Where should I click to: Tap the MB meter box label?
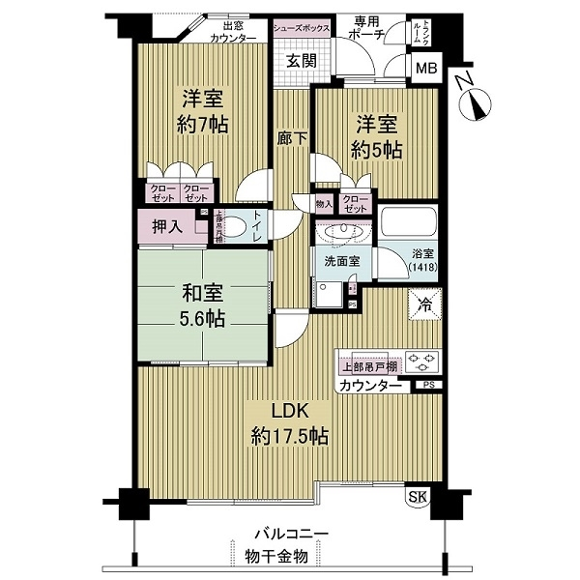424,69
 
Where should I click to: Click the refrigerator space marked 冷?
425,304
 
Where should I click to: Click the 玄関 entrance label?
301,61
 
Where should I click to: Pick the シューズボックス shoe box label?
302,29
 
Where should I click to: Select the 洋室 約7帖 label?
200,110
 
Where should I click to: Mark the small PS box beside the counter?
427,385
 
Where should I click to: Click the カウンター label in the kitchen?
370,386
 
